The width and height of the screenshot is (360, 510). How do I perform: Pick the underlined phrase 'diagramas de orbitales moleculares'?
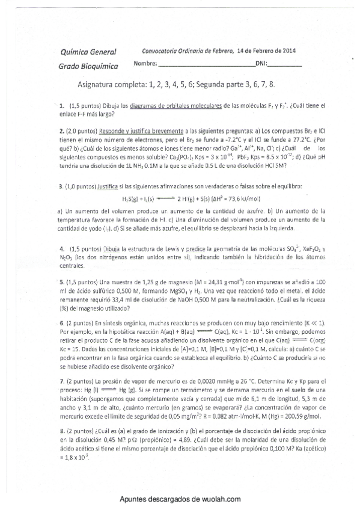coord(175,105)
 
